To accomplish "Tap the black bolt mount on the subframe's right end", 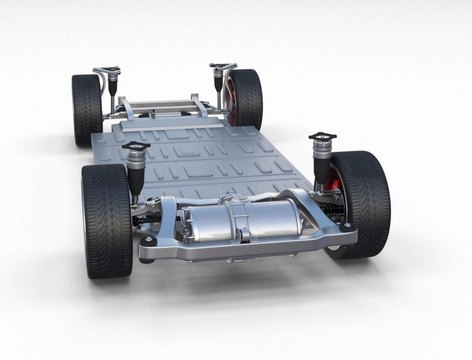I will (347, 227).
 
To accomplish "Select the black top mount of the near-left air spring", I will (136, 145).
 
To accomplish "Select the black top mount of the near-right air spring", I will (323, 136).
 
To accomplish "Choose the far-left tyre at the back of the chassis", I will (87, 110).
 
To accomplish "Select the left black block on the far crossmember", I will (145, 114).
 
